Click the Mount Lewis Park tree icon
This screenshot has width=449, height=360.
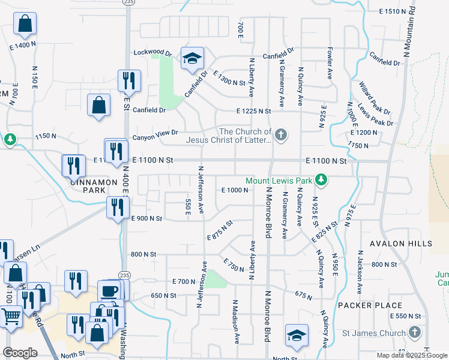[x=322, y=179]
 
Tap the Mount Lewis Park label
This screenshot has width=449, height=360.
[x=279, y=180]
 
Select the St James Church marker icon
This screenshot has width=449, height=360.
[x=414, y=332]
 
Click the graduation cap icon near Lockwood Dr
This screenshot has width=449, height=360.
[x=193, y=59]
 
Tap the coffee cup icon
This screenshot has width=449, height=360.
[x=109, y=291]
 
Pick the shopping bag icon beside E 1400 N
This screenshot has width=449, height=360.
[x=25, y=25]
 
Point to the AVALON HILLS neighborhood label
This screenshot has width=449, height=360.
[x=400, y=244]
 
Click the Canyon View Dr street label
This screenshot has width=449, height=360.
[x=158, y=133]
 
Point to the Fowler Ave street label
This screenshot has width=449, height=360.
[x=330, y=64]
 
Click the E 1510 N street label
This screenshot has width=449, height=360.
[x=397, y=11]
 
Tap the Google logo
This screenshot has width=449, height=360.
[x=20, y=353]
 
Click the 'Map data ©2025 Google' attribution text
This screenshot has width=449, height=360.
[x=411, y=355]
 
